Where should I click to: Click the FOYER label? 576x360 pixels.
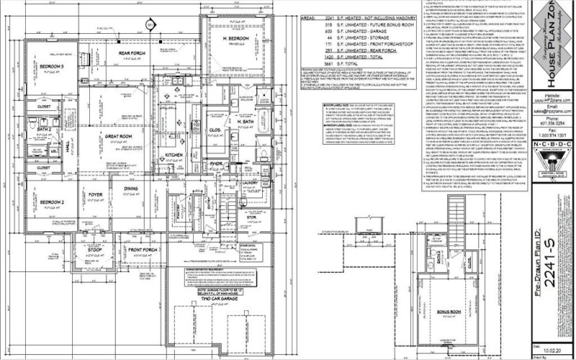pos(96,194)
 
